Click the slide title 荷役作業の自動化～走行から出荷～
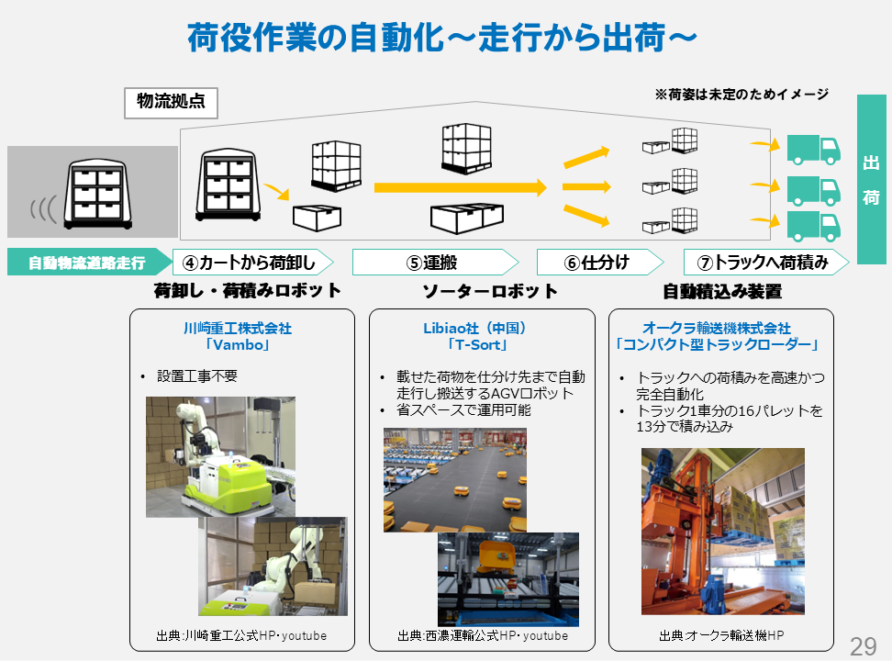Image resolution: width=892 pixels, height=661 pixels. tap(441, 38)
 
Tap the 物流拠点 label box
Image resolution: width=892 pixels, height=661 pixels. tap(171, 103)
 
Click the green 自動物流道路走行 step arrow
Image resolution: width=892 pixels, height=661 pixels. tap(88, 263)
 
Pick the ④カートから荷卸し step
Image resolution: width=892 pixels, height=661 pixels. tap(250, 263)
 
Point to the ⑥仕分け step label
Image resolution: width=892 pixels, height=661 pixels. tap(597, 263)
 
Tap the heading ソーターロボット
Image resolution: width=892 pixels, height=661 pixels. tap(489, 292)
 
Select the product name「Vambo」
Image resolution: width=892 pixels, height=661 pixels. tap(237, 345)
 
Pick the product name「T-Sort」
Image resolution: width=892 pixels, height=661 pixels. tap(477, 345)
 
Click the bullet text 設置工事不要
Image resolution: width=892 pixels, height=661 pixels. tap(197, 376)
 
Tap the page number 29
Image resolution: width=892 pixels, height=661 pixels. tap(863, 645)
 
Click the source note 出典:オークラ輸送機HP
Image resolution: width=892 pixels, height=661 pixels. tap(721, 635)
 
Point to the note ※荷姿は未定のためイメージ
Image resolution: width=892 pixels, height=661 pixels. tap(741, 94)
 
